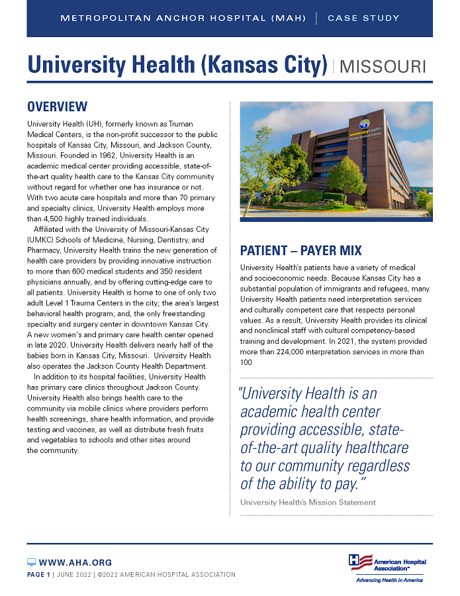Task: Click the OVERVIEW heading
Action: [x=57, y=107]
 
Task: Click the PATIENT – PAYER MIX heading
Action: [x=300, y=250]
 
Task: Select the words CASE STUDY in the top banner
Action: [x=363, y=18]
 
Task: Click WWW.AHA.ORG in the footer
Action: [x=75, y=562]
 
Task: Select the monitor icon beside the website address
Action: [x=31, y=562]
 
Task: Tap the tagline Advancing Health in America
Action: [x=389, y=580]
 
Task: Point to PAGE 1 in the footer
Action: [x=38, y=575]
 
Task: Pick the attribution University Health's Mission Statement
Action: [x=308, y=503]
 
